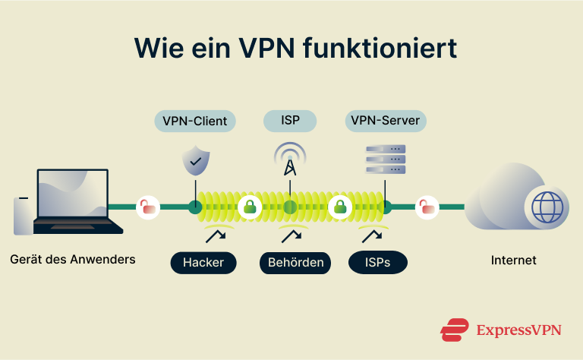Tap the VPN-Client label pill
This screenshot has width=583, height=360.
(x=194, y=120)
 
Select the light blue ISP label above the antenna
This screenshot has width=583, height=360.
(x=290, y=120)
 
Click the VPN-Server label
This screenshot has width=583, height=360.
(x=385, y=120)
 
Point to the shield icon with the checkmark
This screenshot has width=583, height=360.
(x=195, y=160)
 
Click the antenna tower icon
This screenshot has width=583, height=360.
(x=289, y=159)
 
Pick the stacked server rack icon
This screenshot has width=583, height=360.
(x=386, y=159)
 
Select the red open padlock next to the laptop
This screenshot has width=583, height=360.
(x=148, y=207)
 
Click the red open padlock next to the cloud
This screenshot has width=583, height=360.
(x=427, y=207)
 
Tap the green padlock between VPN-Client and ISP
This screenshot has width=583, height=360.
(x=249, y=207)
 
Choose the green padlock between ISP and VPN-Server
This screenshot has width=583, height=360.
(x=339, y=207)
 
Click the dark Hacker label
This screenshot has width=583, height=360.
(x=203, y=263)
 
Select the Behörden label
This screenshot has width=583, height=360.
(x=295, y=263)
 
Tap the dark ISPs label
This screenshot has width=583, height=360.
(x=377, y=263)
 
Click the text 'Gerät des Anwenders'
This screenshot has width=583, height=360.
(x=73, y=260)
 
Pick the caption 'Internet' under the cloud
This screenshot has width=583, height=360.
(x=513, y=261)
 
